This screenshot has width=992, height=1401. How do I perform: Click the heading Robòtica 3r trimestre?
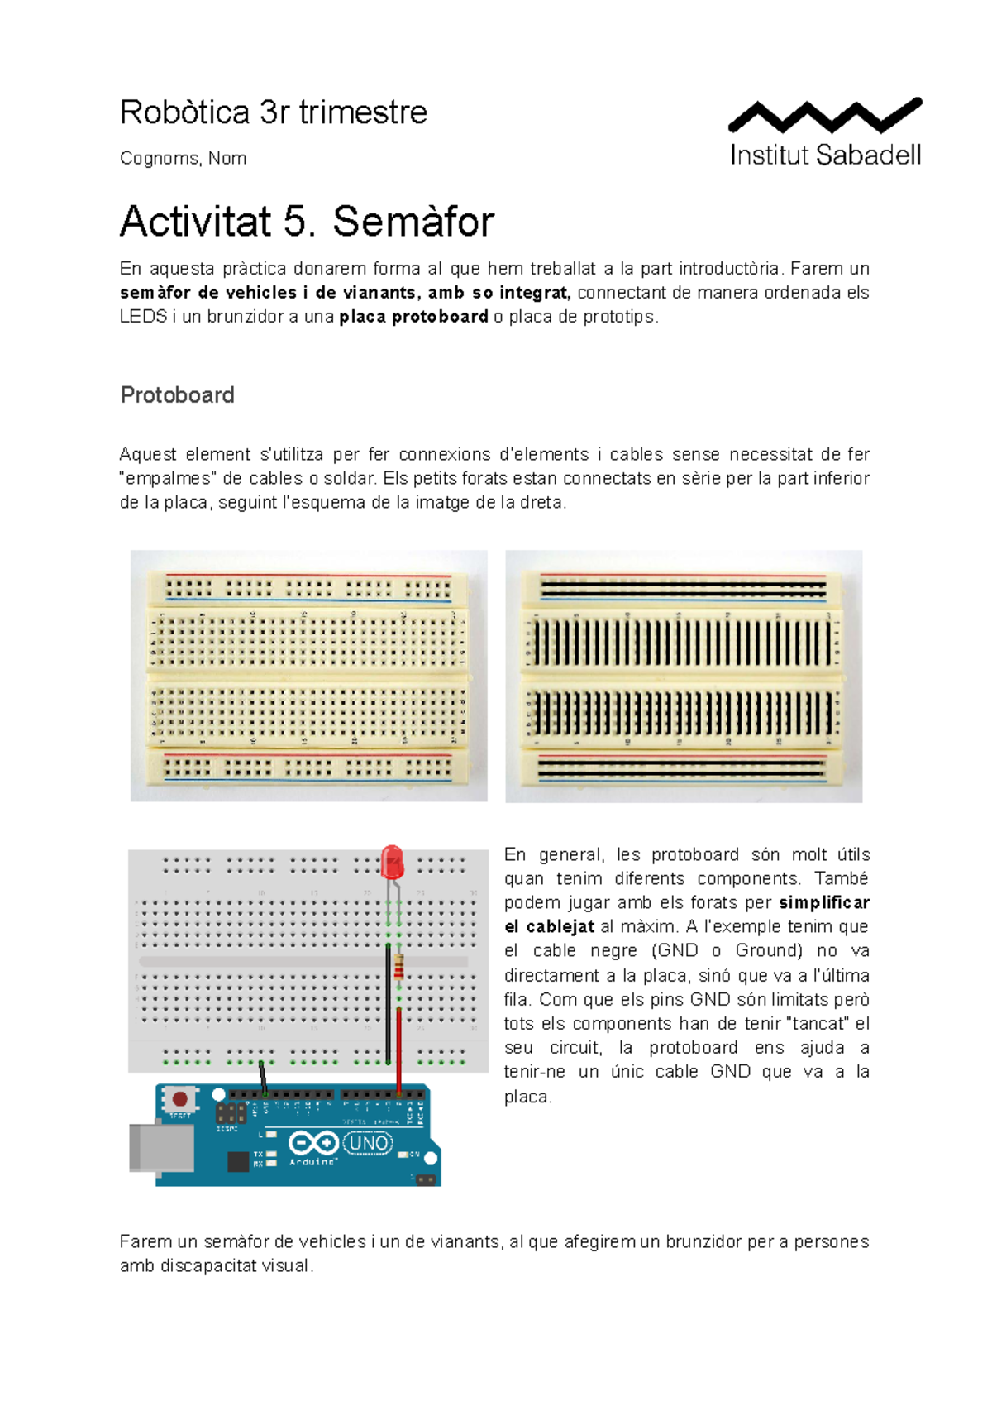[273, 112]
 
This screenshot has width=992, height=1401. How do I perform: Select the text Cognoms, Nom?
[183, 158]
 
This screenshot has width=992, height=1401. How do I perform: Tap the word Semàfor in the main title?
[413, 222]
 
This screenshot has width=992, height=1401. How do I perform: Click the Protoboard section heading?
[177, 395]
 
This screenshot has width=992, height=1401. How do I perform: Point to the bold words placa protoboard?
[413, 317]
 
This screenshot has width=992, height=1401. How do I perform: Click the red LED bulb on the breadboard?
[392, 863]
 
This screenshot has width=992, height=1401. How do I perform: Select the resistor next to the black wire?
[399, 966]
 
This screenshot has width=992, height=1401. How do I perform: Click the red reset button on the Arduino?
[179, 1099]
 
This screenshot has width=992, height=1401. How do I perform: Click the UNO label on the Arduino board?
[367, 1144]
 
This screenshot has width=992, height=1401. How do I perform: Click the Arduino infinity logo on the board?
[312, 1144]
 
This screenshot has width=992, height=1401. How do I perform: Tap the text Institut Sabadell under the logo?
[825, 155]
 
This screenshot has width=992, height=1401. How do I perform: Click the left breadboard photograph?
[308, 676]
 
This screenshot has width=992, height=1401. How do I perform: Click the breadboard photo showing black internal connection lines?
[684, 676]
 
